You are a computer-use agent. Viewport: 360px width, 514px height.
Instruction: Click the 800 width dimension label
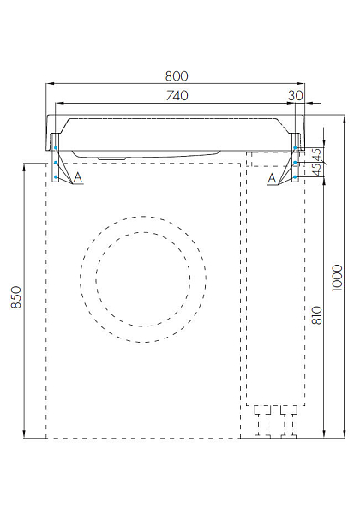coord(177,76)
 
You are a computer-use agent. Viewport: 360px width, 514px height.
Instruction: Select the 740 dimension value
coord(177,95)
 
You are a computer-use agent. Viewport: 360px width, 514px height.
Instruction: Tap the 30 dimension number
coord(296,95)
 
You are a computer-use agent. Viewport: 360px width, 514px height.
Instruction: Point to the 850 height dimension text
coord(16,297)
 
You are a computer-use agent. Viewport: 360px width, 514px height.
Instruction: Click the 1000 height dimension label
coord(337,278)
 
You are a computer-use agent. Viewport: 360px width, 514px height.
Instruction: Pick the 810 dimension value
coord(317,315)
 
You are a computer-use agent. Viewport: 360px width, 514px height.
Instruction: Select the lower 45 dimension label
coord(317,170)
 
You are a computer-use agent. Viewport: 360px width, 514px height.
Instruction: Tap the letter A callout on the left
coord(78,177)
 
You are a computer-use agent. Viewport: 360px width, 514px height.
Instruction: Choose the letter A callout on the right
coord(272,179)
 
